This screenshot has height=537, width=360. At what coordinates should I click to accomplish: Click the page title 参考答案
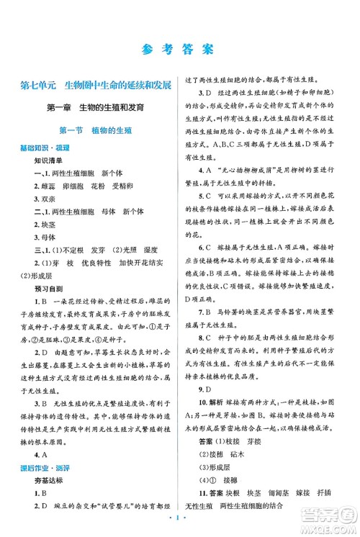tap(179, 50)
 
